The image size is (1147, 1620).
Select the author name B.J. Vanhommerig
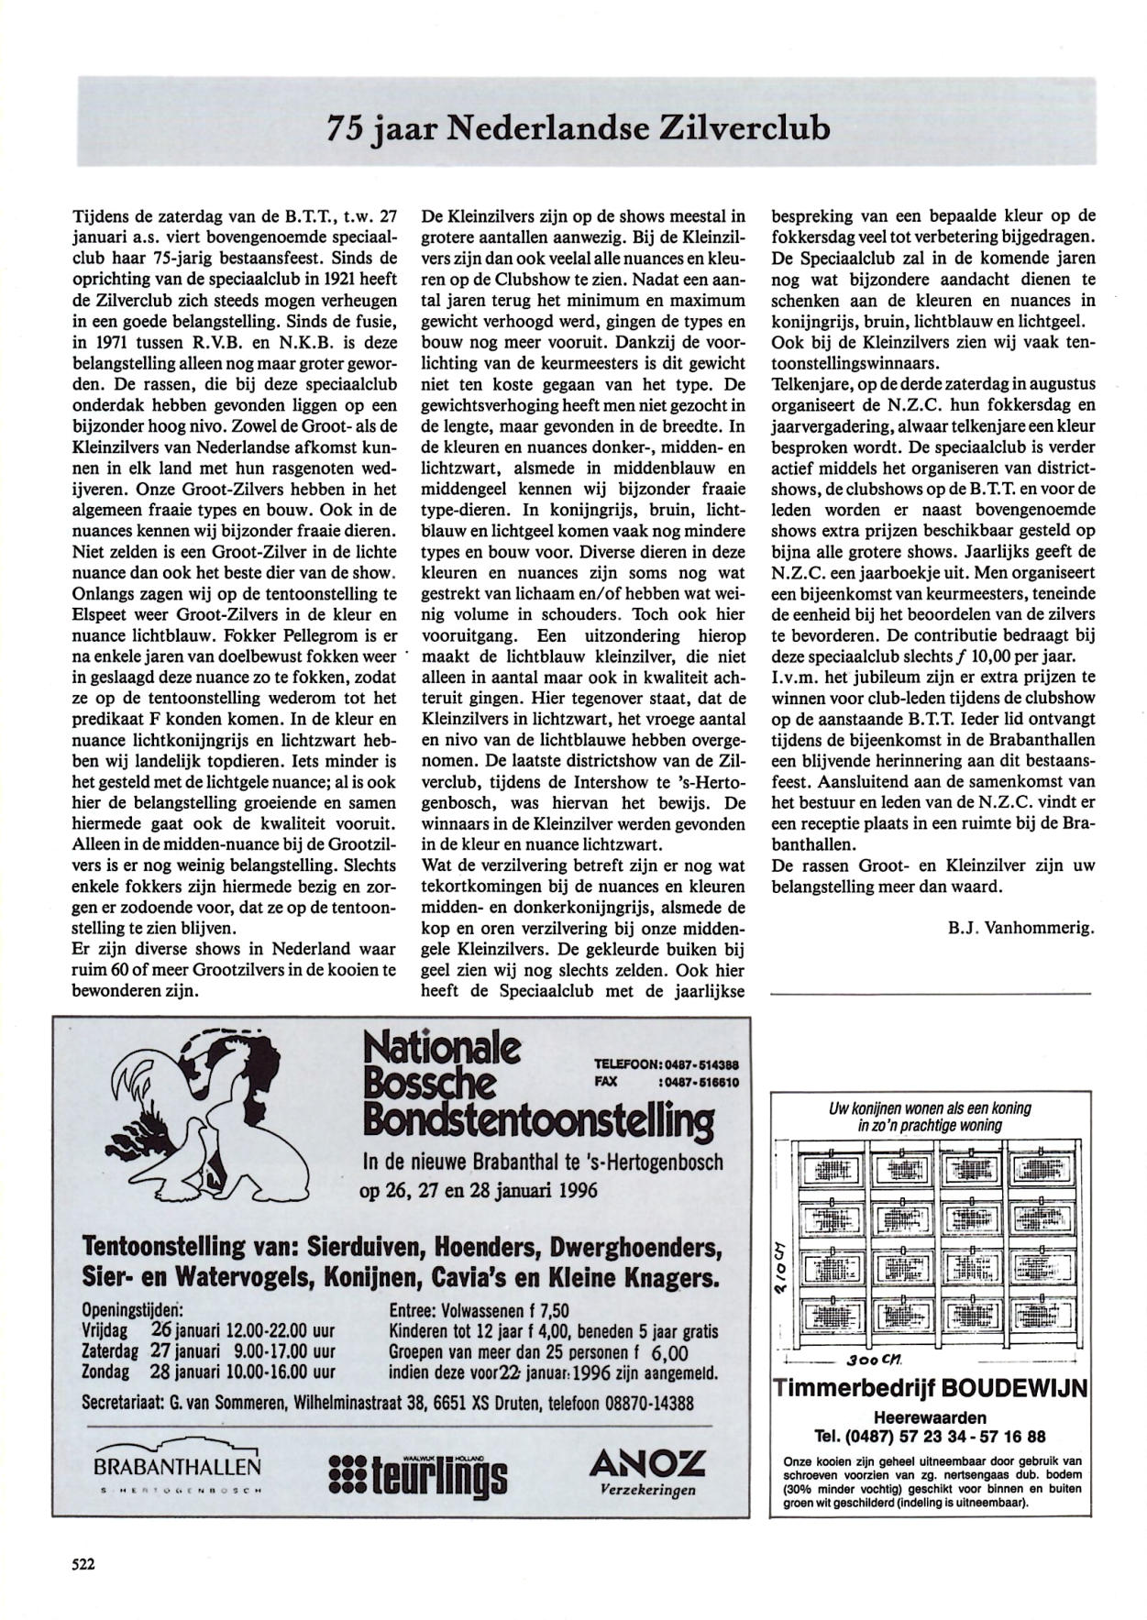pyautogui.click(x=1021, y=927)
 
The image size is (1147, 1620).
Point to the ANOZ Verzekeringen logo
pyautogui.click(x=647, y=1471)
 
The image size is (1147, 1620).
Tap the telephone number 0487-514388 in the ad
pyautogui.click(x=699, y=1065)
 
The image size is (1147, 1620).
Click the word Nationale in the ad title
pyautogui.click(x=442, y=1048)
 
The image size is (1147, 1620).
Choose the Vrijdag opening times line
pyautogui.click(x=209, y=1330)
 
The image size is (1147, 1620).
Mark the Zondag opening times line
pyautogui.click(x=209, y=1372)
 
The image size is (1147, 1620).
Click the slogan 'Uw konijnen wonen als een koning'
pyautogui.click(x=930, y=1108)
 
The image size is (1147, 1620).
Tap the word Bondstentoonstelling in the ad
pyautogui.click(x=538, y=1120)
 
